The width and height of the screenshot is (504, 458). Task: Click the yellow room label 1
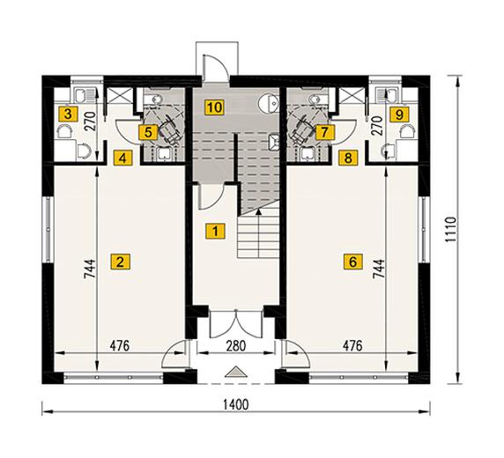click(x=215, y=231)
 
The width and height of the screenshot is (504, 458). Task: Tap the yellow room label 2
click(x=120, y=262)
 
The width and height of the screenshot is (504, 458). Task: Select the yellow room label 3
click(x=68, y=114)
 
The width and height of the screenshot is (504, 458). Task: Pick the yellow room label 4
click(x=122, y=158)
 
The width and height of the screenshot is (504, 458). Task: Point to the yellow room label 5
click(x=148, y=132)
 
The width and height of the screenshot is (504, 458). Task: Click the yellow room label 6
click(x=352, y=262)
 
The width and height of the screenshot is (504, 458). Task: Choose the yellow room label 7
click(x=324, y=132)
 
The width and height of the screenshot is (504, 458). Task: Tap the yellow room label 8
click(x=348, y=158)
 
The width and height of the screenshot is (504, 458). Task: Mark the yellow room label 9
click(x=399, y=114)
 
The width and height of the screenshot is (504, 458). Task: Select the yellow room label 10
click(x=214, y=107)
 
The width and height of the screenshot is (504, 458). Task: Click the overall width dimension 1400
click(x=236, y=404)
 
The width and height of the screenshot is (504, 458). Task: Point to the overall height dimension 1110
click(x=450, y=230)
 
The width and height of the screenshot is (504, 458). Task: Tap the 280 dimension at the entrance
click(x=236, y=346)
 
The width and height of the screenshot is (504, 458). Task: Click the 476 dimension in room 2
click(x=120, y=346)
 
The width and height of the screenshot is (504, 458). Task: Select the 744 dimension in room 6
click(x=379, y=269)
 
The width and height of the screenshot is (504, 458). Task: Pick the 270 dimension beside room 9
click(x=378, y=126)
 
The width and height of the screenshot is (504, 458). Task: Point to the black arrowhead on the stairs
click(x=258, y=211)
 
